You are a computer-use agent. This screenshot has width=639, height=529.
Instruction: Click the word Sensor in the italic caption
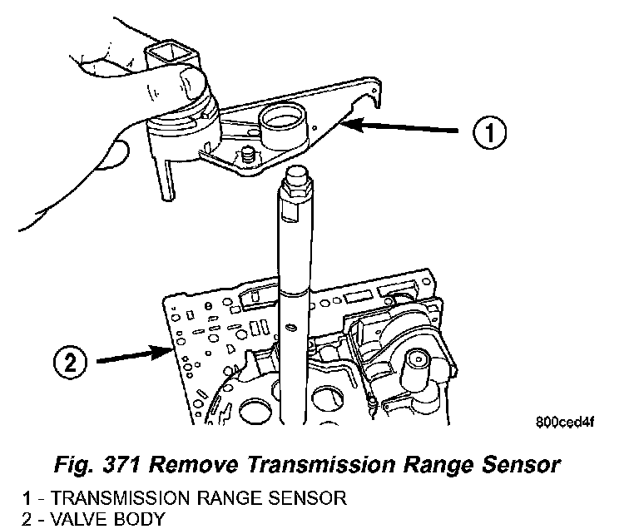[x=518, y=464]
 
